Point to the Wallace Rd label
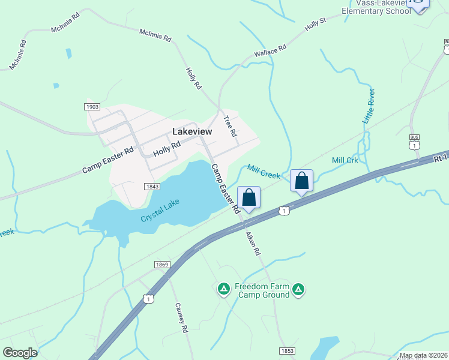tap(267, 52)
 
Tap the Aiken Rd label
tap(252, 241)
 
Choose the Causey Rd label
tap(182, 317)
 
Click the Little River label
tap(369, 106)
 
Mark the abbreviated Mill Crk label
tap(345, 160)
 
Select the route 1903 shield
tap(92, 106)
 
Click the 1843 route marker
tap(152, 187)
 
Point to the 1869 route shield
tap(162, 264)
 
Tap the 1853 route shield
tap(288, 350)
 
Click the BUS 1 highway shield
tap(414, 143)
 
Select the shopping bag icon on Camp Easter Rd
tap(249, 197)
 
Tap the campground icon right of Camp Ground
tap(298, 290)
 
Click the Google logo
tap(20, 353)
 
